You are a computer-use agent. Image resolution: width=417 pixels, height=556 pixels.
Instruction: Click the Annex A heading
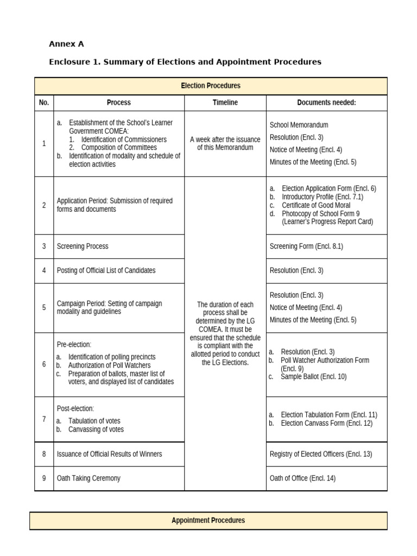pos(66,44)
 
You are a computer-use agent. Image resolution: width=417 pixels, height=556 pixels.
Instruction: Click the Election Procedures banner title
pos(211,86)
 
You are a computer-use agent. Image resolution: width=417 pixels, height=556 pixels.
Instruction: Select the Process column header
pos(118,103)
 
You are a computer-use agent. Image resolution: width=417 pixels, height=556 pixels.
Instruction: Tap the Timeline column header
pos(225,103)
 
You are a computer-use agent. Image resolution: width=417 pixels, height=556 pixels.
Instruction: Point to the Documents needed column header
pos(326,103)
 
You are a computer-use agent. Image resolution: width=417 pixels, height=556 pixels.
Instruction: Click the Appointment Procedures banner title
pos(208,520)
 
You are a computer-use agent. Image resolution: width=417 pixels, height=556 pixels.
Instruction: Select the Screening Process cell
pos(83,247)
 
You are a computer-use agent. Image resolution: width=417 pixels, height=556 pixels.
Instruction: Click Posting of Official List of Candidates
pos(106,270)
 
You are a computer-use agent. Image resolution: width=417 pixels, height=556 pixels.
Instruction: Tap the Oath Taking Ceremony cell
pos(89,478)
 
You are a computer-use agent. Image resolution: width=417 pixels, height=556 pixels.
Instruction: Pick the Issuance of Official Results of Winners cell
pos(109,454)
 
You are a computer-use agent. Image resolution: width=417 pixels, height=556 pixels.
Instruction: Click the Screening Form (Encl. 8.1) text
pos(306,247)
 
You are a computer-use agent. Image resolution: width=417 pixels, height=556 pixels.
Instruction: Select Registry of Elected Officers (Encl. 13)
pos(321,454)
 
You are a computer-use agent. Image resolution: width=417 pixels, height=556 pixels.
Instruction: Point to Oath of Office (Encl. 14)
pos(302,478)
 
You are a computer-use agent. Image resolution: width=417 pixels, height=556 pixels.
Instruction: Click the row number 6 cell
pos(44,364)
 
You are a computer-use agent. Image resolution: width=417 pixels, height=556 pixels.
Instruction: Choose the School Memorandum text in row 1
pos(299,125)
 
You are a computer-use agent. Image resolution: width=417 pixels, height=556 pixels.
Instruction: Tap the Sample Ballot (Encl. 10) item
pos(313,376)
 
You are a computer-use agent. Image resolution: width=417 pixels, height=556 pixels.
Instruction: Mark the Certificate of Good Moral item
pos(316,205)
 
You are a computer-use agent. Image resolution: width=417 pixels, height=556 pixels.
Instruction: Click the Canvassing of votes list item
pos(96,429)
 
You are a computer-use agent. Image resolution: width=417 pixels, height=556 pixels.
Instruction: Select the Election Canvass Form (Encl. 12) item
pos(326,423)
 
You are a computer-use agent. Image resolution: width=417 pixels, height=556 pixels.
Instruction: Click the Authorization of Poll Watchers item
pos(109,365)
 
